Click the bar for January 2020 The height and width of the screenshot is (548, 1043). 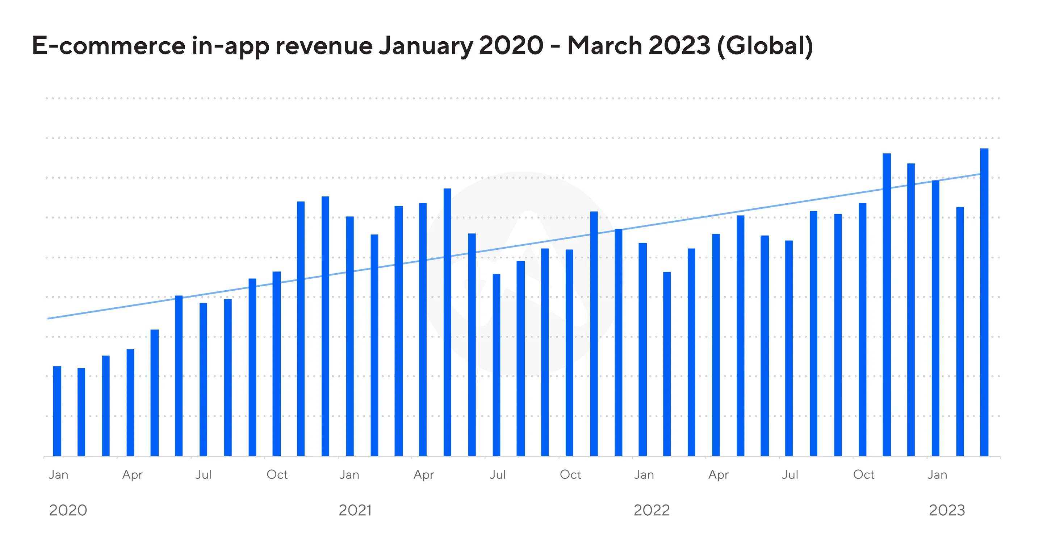pos(57,411)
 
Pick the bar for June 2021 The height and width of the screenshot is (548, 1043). pos(472,345)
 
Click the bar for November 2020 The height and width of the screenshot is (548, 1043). pos(301,329)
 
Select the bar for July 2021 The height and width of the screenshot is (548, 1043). pos(497,365)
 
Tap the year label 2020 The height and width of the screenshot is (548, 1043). pos(68,510)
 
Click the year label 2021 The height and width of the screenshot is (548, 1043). pos(355,510)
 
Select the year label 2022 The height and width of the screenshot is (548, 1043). pos(652,510)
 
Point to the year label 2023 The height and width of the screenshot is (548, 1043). pos(947,510)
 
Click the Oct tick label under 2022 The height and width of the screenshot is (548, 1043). pos(864,475)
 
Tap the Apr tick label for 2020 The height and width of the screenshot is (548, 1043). pos(133,475)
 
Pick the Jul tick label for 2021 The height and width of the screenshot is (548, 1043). pos(498,475)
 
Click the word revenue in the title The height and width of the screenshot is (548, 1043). pos(324,45)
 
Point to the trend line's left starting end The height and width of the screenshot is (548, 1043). pos(49,318)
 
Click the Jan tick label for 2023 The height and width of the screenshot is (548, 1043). pos(937,475)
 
